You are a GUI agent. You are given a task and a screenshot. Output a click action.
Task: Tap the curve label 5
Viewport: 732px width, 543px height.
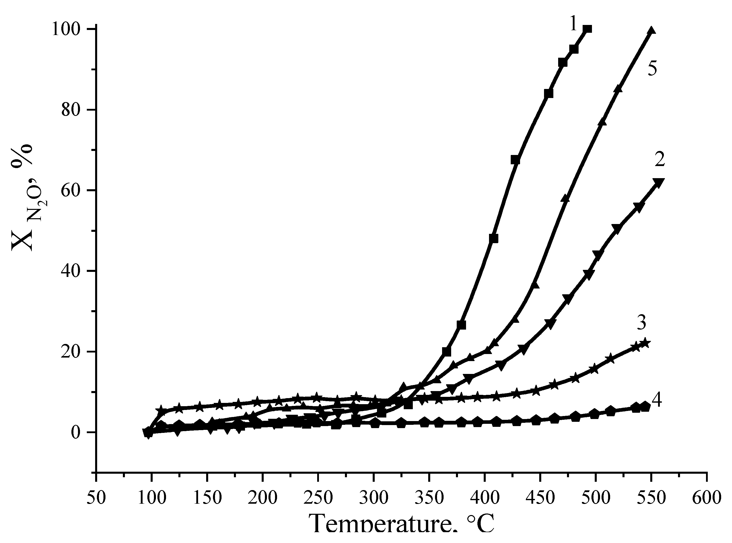point(653,69)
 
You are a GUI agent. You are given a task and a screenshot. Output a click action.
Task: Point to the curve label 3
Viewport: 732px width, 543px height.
point(641,323)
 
